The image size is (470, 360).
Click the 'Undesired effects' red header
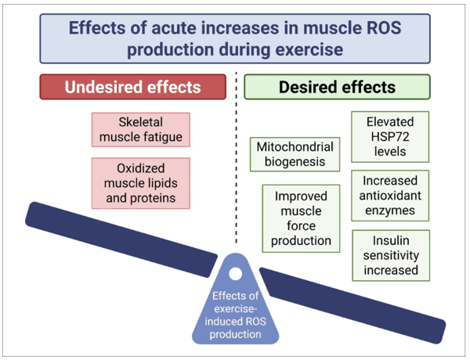click(x=132, y=86)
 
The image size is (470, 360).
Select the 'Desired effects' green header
click(x=337, y=86)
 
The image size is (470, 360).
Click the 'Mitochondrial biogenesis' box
click(x=295, y=154)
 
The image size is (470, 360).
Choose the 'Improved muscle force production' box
click(x=301, y=217)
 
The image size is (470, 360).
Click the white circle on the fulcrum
click(x=235, y=274)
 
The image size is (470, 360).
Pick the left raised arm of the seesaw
click(x=117, y=231)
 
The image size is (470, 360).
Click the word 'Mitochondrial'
click(x=295, y=146)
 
